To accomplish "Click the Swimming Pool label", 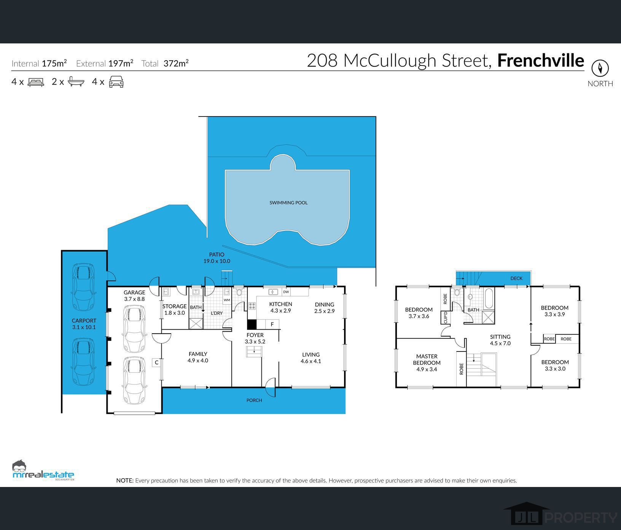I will [288, 203].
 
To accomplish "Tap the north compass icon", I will [600, 69].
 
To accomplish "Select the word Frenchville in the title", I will [540, 61].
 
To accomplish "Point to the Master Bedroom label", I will [427, 362].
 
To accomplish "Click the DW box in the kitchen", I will [286, 292].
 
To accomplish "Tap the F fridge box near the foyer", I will [272, 324].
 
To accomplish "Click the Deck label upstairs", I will [516, 278].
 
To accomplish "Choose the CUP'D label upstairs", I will [446, 318].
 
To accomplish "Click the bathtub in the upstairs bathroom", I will [489, 298].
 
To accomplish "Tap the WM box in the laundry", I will [227, 300].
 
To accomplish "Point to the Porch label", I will [254, 400].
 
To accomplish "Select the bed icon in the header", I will [36, 82].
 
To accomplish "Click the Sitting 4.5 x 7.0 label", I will [500, 340].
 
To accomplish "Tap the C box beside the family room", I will [156, 362].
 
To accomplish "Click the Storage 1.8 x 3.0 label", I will [174, 309].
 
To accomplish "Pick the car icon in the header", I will [116, 82].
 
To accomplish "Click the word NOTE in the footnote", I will [125, 481].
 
